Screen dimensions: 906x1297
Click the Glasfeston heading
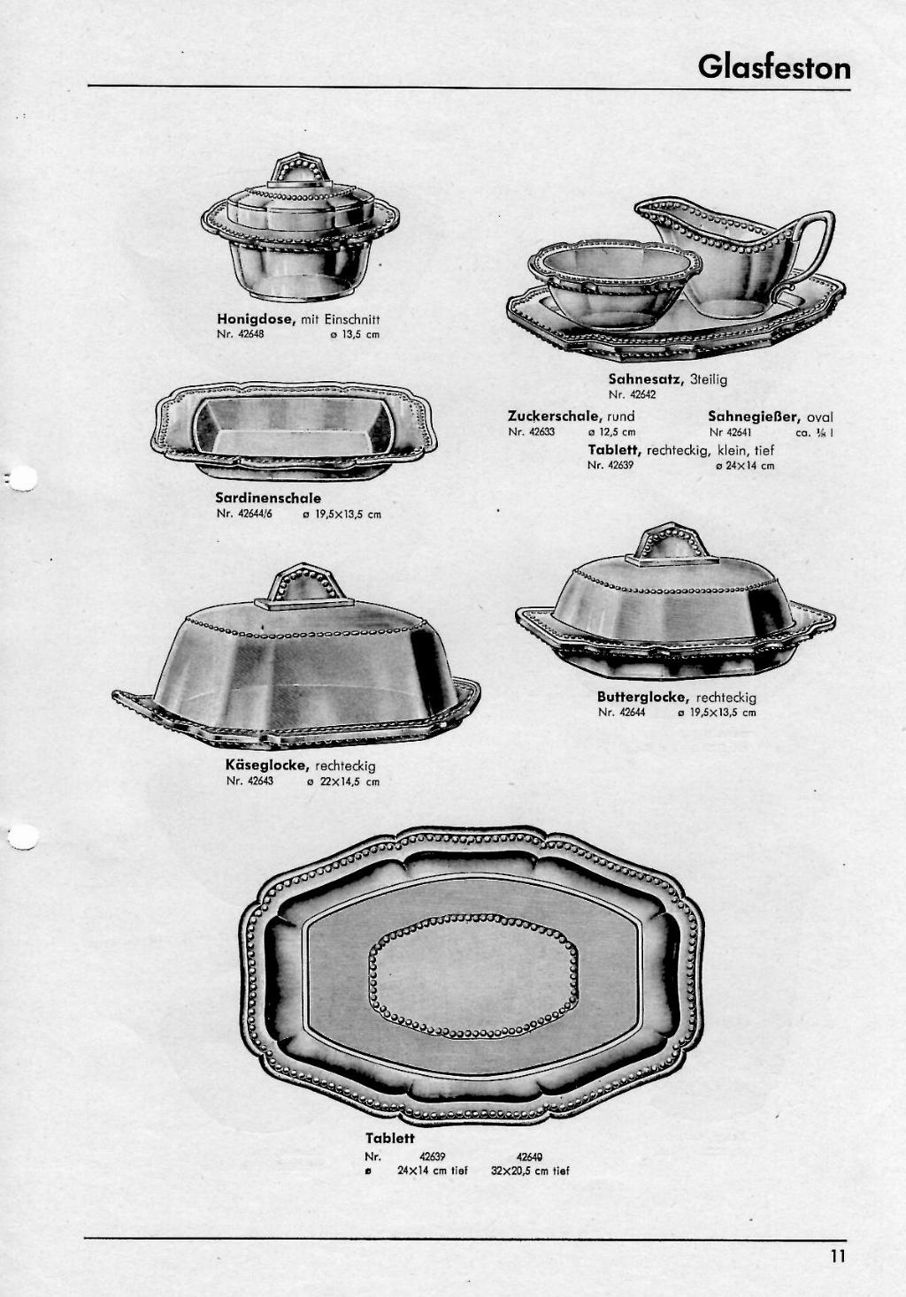[774, 67]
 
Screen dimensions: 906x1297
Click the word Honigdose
[256, 318]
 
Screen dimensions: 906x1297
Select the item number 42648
[241, 334]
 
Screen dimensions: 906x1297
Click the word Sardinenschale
[268, 498]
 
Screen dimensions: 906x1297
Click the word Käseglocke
[266, 765]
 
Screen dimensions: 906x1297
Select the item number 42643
[250, 781]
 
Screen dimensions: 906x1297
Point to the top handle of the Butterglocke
[672, 544]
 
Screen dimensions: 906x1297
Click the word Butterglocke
[643, 698]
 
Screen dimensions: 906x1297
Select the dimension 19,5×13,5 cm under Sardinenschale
[342, 514]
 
